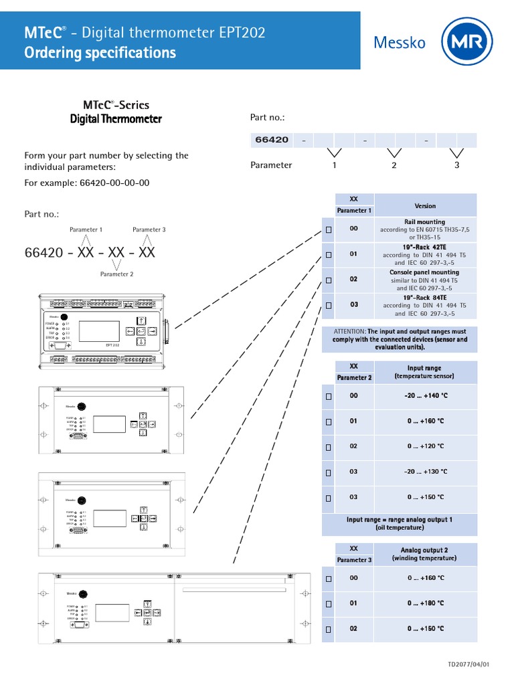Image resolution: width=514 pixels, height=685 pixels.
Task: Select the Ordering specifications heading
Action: click(x=100, y=53)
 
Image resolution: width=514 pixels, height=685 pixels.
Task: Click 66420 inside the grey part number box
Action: click(x=272, y=140)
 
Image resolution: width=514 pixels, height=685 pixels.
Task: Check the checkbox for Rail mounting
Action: click(x=329, y=229)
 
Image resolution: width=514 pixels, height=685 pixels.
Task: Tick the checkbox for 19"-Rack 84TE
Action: click(x=329, y=305)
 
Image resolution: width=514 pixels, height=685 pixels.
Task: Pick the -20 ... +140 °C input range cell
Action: click(x=426, y=396)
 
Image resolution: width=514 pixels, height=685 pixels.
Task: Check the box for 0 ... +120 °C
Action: click(x=329, y=447)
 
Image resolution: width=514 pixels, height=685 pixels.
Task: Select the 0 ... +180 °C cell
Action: click(x=426, y=603)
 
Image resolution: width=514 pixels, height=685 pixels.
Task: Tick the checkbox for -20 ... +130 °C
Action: click(x=329, y=472)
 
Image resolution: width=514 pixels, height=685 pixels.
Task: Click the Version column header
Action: click(x=425, y=206)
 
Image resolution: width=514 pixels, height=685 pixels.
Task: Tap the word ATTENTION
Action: click(x=349, y=331)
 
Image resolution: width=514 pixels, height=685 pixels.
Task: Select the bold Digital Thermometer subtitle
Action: click(x=116, y=119)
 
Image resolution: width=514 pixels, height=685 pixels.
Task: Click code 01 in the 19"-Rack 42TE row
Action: click(x=354, y=254)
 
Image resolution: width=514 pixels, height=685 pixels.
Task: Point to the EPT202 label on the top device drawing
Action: click(x=112, y=345)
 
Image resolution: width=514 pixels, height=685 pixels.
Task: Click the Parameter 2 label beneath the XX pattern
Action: click(x=116, y=274)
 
